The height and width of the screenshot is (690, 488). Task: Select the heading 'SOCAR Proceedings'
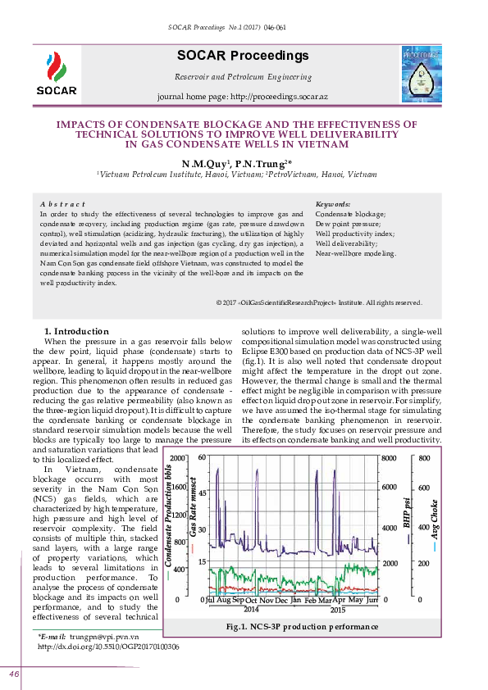pos(242,56)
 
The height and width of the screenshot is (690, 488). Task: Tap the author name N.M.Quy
pos(206,164)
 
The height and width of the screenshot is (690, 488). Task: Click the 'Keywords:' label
pos(333,204)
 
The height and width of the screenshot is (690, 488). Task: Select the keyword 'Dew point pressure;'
pos(348,224)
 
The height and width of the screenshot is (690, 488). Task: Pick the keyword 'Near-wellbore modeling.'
pos(355,253)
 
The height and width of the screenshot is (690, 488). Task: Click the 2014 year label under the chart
pos(251,610)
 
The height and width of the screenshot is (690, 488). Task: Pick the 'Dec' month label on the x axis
pos(281,601)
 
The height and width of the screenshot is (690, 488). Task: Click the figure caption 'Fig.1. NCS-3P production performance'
pos(302,627)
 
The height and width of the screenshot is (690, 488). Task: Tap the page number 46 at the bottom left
pos(15,674)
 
